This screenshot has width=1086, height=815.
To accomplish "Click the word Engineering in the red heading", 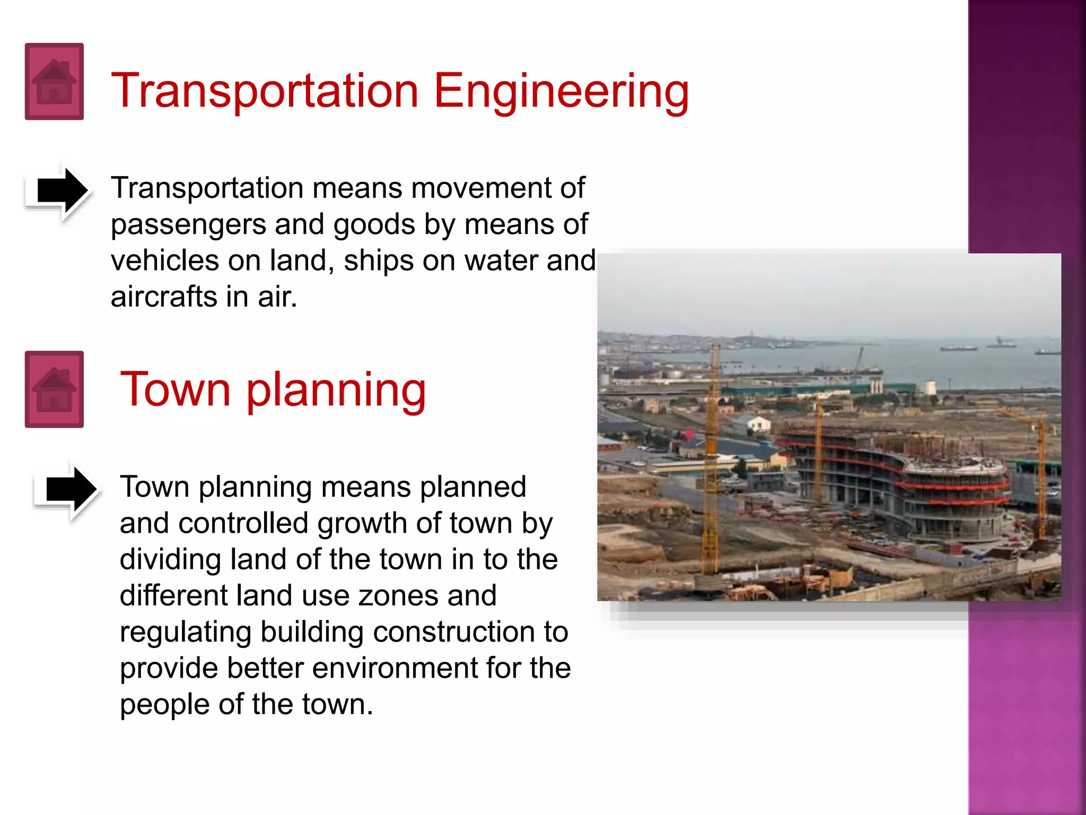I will coord(561,91).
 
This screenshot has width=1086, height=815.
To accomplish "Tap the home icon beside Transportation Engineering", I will coord(54,82).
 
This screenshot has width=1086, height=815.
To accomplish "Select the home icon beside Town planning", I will coord(54,389).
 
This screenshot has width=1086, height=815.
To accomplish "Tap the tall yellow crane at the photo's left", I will coord(712,456).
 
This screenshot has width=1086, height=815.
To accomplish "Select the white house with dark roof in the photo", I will coord(757,424).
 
